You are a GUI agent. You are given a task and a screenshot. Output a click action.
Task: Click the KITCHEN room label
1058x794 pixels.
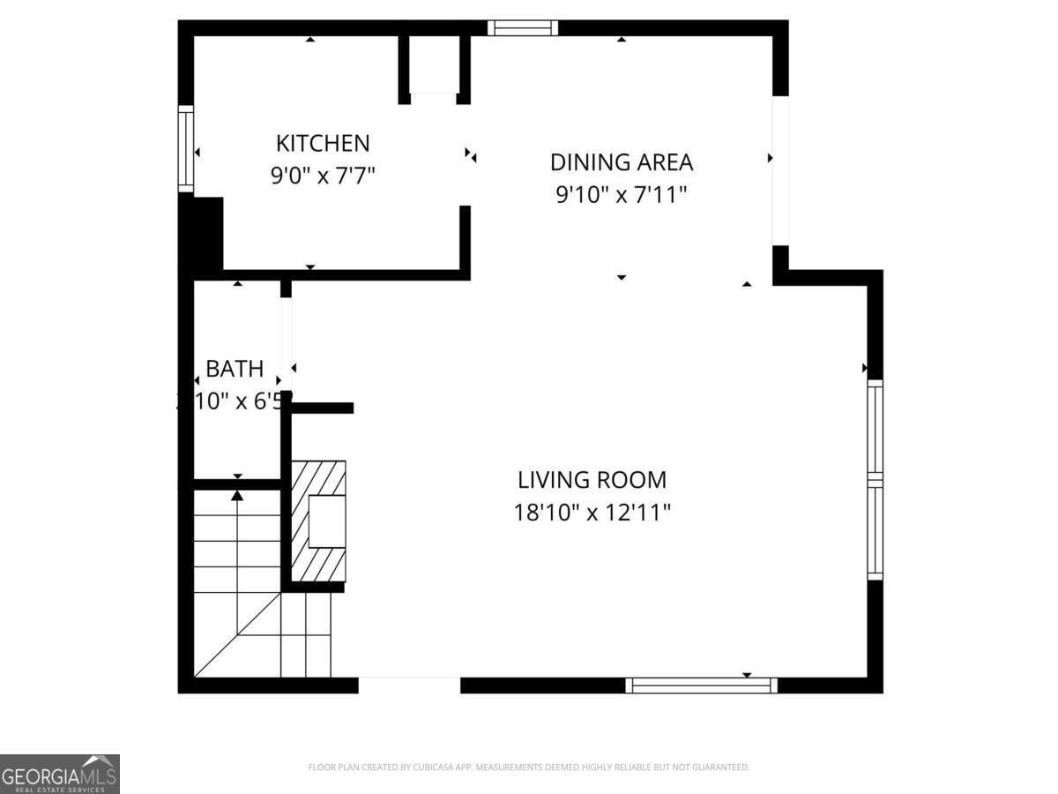click(323, 143)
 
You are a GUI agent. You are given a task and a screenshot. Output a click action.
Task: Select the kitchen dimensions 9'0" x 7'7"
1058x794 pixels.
click(323, 176)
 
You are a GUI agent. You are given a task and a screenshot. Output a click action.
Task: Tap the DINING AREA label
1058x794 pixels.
click(622, 162)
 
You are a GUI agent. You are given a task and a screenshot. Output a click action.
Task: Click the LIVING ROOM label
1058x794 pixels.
click(592, 480)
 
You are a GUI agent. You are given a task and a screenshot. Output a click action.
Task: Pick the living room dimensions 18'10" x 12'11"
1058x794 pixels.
click(592, 513)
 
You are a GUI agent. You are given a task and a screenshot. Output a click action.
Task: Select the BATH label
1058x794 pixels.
click(235, 369)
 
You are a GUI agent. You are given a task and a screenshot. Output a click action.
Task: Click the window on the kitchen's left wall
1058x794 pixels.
click(186, 148)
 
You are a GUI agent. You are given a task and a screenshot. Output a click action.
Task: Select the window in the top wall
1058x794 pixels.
click(523, 28)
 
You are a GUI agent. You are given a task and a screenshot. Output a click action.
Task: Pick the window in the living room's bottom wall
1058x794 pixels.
click(701, 685)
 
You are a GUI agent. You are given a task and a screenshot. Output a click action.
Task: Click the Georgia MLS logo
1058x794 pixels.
click(59, 774)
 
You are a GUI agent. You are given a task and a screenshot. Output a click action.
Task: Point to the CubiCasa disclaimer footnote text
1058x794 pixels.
click(528, 768)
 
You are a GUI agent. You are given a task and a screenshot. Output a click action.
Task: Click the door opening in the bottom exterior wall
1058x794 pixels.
click(409, 685)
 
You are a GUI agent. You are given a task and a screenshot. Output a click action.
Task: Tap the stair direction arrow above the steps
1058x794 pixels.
click(237, 496)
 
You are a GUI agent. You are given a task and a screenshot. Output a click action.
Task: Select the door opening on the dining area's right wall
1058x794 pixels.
click(780, 169)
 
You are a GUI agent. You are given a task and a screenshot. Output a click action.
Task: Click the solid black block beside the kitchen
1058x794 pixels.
click(202, 235)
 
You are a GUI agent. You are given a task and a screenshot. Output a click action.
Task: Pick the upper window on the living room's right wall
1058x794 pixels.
click(875, 427)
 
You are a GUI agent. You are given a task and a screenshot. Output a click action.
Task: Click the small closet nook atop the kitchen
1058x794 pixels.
click(434, 66)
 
